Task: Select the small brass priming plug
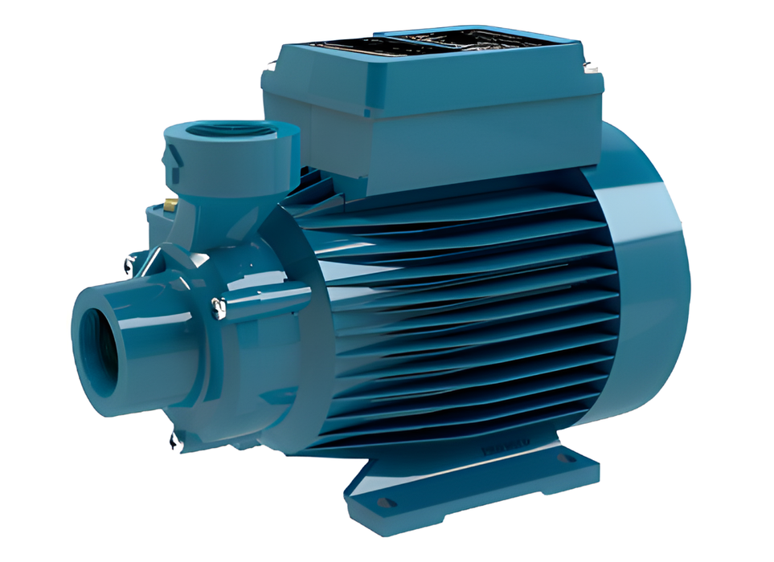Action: [x=172, y=206]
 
